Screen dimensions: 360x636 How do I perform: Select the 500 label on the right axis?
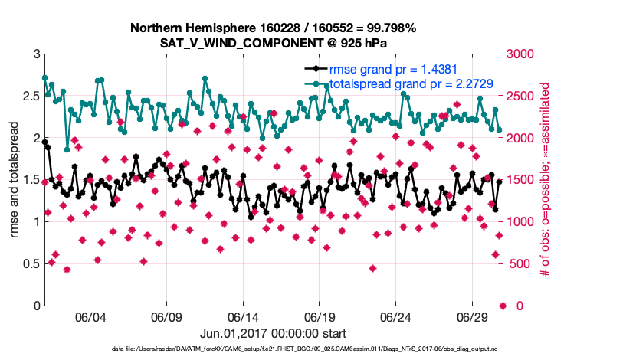pos(518,264)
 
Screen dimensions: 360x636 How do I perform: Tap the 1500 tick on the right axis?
pos(521,180)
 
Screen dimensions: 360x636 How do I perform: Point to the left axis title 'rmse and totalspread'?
pos(15,179)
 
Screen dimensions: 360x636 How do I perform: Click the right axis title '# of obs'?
pos(546,179)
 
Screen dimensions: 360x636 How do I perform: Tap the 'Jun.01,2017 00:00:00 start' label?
pos(273,334)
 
